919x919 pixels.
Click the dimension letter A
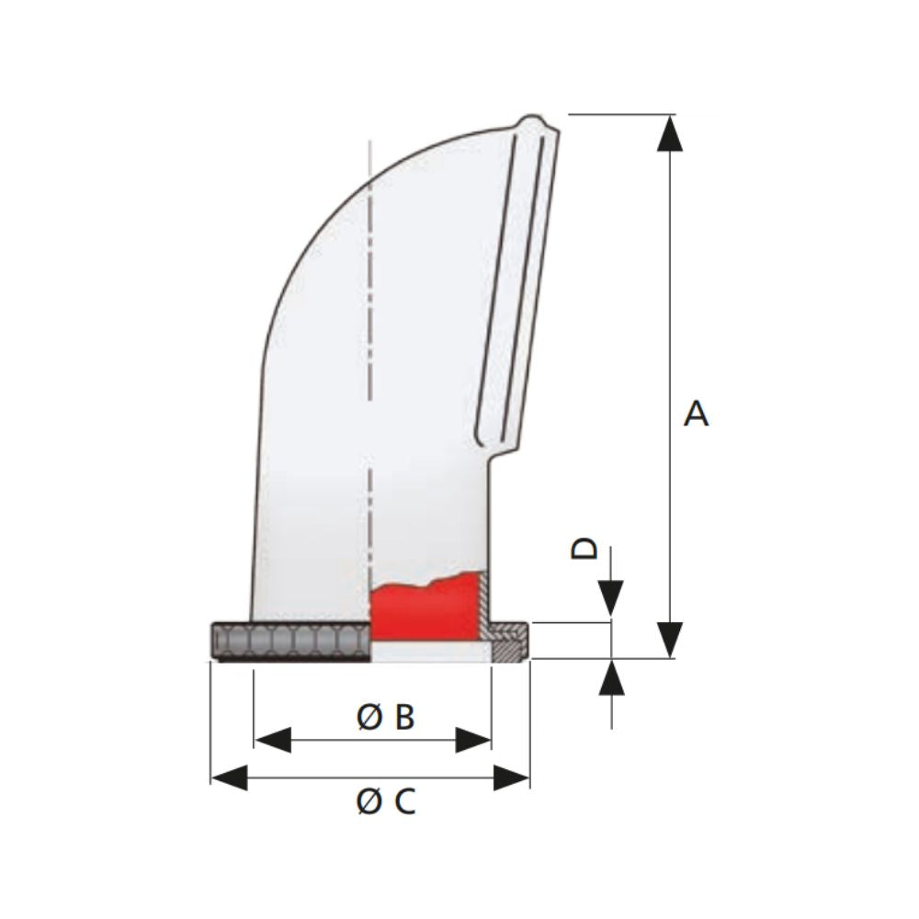coord(697,414)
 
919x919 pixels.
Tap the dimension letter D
coord(584,549)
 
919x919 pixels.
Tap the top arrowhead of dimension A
coord(672,133)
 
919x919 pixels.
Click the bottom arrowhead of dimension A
coord(672,639)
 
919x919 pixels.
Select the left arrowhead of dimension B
coord(272,740)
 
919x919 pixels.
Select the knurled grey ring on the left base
coord(289,641)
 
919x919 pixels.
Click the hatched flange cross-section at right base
coord(507,641)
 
